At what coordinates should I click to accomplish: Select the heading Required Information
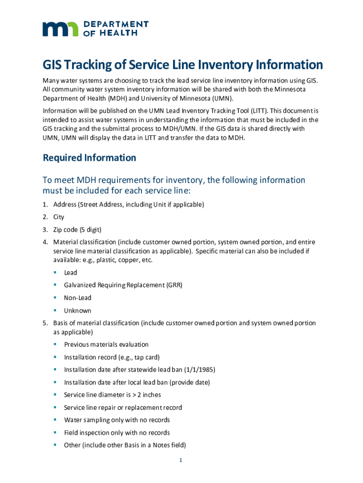pos(90,158)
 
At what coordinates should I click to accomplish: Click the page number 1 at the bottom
pos(181,460)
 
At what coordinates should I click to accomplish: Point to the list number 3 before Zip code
pos(45,230)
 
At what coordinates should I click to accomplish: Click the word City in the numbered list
pos(59,217)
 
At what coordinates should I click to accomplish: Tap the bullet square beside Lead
pos(55,272)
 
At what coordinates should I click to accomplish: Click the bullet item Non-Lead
pos(78,298)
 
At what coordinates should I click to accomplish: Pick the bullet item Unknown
pos(78,310)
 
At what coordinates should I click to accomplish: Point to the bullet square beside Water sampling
pos(55,419)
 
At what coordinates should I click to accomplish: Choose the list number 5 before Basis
pos(45,323)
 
